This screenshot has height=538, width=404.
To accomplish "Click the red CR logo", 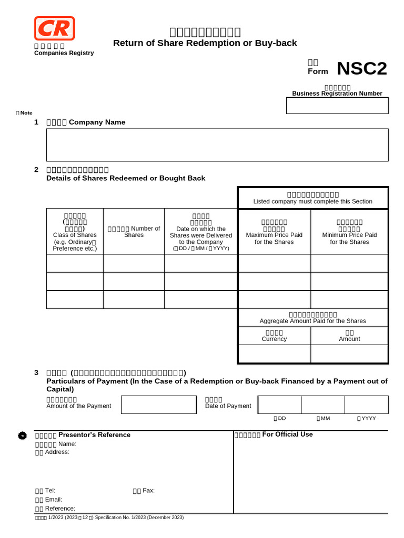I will pos(54,28).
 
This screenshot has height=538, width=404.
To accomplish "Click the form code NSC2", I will pos(361,68).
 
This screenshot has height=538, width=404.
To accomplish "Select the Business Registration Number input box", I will pos(337,106).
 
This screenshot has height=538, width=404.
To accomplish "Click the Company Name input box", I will pos(217,145).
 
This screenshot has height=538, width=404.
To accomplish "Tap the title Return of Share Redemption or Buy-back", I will pos(205,43).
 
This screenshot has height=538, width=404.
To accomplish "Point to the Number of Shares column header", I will pos(134,232).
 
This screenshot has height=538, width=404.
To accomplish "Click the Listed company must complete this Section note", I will pos(312,201).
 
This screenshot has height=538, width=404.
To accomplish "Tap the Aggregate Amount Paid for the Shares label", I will pos(312,320).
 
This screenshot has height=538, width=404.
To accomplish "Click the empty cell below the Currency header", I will pos(274,354).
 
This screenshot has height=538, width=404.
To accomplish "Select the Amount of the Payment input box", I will pos(158,405).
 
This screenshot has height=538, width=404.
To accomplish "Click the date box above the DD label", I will pos(279,405).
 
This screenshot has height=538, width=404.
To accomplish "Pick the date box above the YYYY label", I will pos(366,405).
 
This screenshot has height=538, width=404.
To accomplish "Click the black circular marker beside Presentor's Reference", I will pos(22,436).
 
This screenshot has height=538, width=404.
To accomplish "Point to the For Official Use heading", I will pos(287,434).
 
